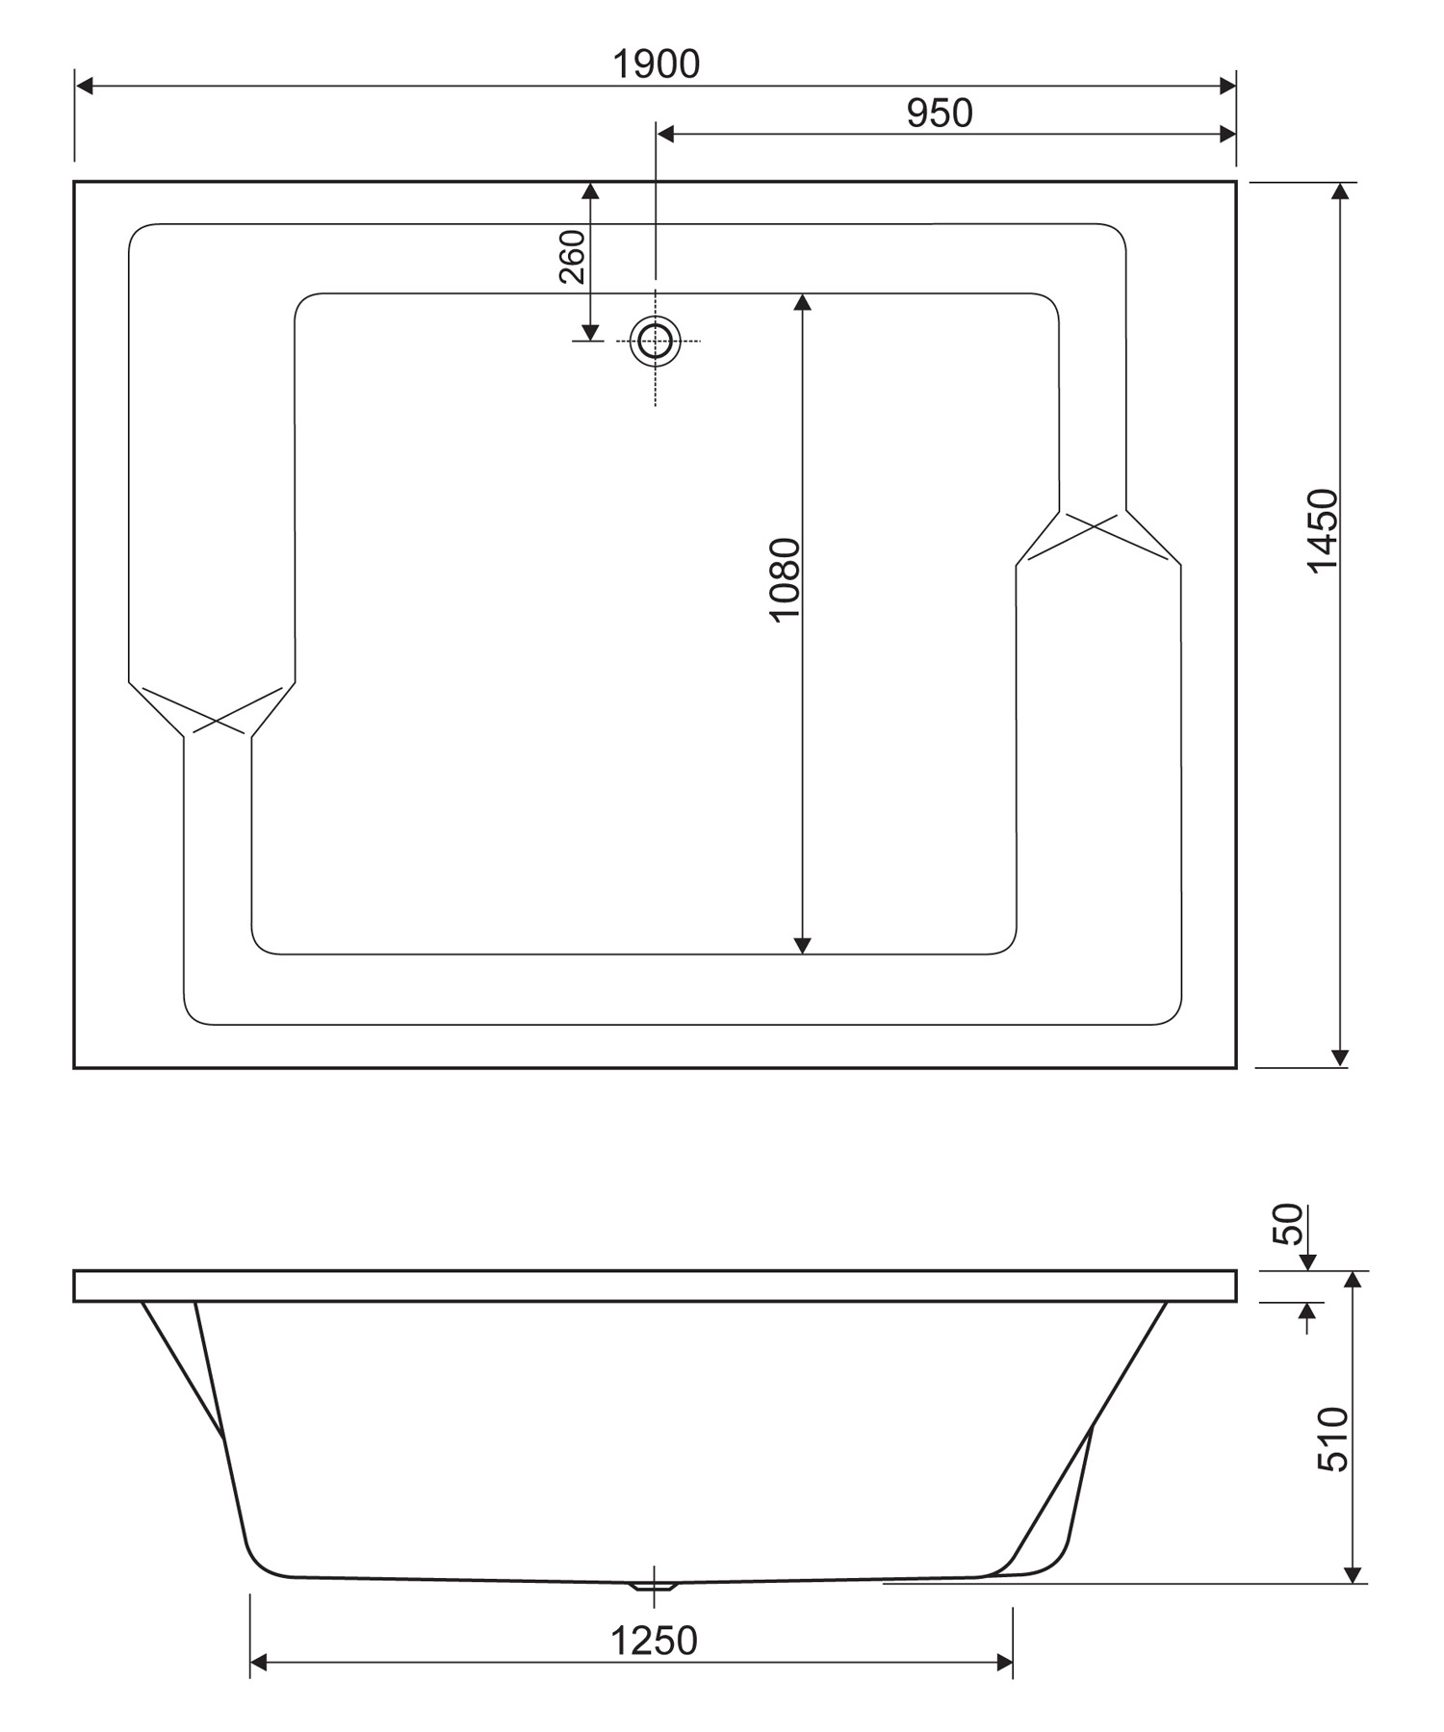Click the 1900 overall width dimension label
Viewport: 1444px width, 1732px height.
tap(657, 64)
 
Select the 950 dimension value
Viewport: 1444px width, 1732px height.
tap(940, 114)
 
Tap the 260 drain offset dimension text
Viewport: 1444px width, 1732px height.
tap(572, 256)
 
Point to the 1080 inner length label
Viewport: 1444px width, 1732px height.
tap(786, 580)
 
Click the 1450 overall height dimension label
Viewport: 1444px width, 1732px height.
tap(1324, 531)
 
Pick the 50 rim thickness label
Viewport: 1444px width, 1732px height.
tap(1287, 1224)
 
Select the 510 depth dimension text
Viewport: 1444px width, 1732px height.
tap(1333, 1439)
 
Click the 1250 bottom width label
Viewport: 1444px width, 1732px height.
tap(654, 1642)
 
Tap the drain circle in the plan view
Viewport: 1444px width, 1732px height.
tap(656, 341)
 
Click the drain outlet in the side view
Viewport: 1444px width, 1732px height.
tap(655, 1585)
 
